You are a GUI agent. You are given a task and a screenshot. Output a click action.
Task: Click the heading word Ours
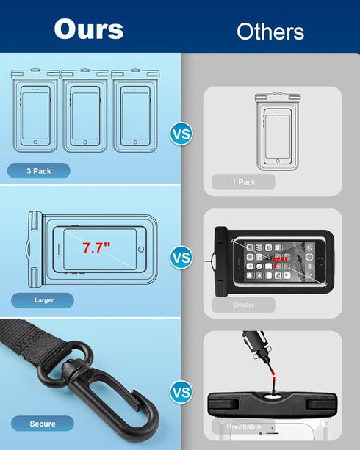pos(88,29)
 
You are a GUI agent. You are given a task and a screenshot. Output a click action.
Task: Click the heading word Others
pos(270,32)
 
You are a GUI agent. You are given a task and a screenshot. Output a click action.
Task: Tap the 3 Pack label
pos(39,171)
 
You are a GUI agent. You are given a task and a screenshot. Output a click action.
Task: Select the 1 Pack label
pos(243,182)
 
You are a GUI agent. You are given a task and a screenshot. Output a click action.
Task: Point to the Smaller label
pos(243,305)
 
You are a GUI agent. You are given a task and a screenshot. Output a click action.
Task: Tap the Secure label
pos(42,424)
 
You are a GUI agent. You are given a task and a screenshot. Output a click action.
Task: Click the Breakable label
pos(243,427)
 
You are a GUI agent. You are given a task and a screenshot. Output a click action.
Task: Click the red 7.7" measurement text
pos(96,248)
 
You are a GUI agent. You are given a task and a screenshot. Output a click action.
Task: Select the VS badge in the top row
pos(181,134)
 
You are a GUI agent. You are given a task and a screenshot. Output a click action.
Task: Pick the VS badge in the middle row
pos(181,258)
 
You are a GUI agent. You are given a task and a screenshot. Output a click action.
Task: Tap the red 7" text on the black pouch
pos(277,262)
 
